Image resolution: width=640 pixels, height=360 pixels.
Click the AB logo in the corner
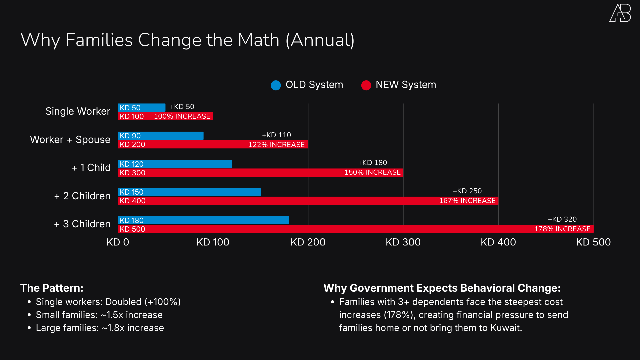coord(620,13)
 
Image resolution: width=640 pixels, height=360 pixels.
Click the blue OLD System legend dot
coord(276,85)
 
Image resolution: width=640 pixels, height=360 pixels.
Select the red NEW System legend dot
coord(366,85)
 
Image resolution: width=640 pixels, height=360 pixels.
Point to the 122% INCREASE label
coord(276,145)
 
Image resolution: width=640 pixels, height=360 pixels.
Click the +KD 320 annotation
coord(562,219)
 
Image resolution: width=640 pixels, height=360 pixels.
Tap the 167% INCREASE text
coord(467,201)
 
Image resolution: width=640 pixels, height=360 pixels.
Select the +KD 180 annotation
coord(372,163)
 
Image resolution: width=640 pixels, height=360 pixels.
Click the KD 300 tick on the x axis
coord(403,242)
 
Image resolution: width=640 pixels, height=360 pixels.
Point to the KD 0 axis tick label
coord(118,242)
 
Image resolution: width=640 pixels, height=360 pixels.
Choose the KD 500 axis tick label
coord(593,242)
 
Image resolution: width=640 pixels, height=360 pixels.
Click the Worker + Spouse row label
coord(70,139)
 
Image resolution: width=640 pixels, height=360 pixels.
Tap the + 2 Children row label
coord(82,196)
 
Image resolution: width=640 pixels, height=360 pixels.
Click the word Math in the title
coord(258,40)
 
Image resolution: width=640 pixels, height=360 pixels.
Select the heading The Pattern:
coord(52,288)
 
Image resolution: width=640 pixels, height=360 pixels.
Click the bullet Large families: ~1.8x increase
coord(100,328)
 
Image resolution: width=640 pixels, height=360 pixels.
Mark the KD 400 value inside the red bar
coord(133,201)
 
